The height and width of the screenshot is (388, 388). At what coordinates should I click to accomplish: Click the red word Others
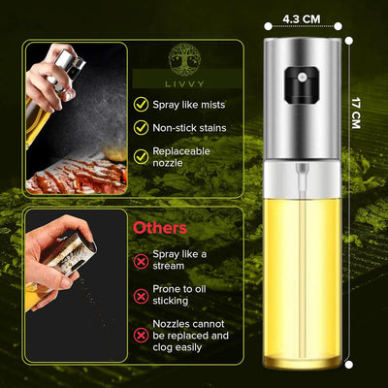click(161, 228)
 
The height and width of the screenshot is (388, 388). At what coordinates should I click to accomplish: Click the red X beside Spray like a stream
click(143, 260)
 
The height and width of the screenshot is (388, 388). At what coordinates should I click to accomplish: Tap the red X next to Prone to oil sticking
click(143, 298)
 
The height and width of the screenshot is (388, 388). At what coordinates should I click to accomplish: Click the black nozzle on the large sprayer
click(301, 75)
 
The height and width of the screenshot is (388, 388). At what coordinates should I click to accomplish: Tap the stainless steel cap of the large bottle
click(303, 107)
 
